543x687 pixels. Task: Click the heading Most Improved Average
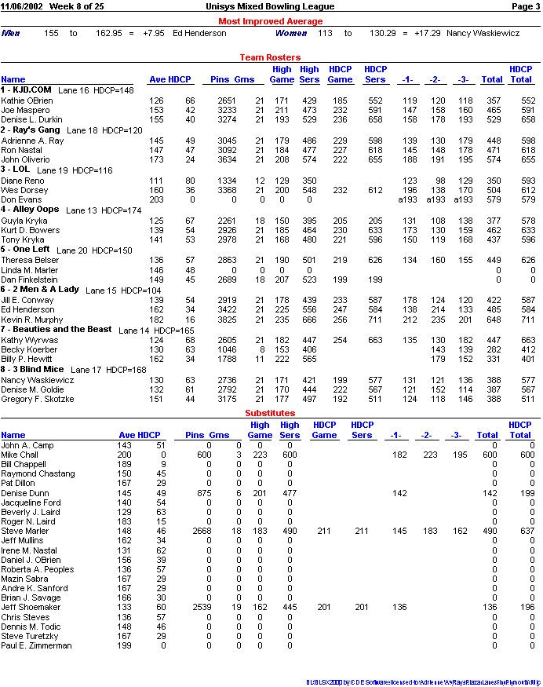[x=270, y=21]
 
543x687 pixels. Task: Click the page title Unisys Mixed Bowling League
[x=270, y=6]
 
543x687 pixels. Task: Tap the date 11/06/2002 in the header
[x=22, y=6]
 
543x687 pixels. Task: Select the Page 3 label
[x=525, y=6]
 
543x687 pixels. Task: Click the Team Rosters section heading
[x=270, y=57]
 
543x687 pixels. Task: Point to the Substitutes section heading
[x=270, y=413]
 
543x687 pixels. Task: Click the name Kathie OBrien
[x=27, y=100]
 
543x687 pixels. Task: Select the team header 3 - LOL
[x=16, y=170]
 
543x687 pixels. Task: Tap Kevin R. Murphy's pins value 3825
[x=226, y=320]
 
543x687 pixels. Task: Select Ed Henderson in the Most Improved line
[x=199, y=34]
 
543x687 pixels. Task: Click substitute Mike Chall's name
[x=20, y=455]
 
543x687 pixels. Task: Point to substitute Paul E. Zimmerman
[x=36, y=645]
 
